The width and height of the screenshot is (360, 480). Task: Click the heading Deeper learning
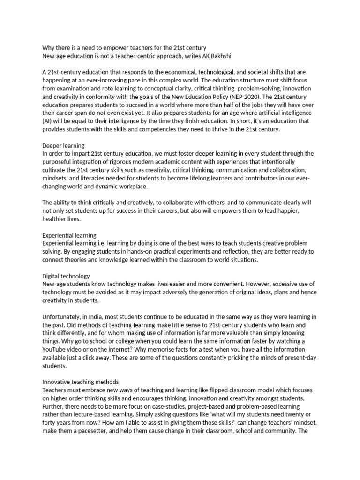click(63, 146)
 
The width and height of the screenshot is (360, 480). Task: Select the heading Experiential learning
click(69, 235)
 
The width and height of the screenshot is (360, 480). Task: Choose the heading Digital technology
click(66, 276)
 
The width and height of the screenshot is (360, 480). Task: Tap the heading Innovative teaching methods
click(80, 382)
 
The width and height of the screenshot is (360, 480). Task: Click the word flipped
click(220, 390)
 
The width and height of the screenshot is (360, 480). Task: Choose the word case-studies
click(166, 406)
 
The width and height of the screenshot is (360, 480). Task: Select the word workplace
click(132, 187)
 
